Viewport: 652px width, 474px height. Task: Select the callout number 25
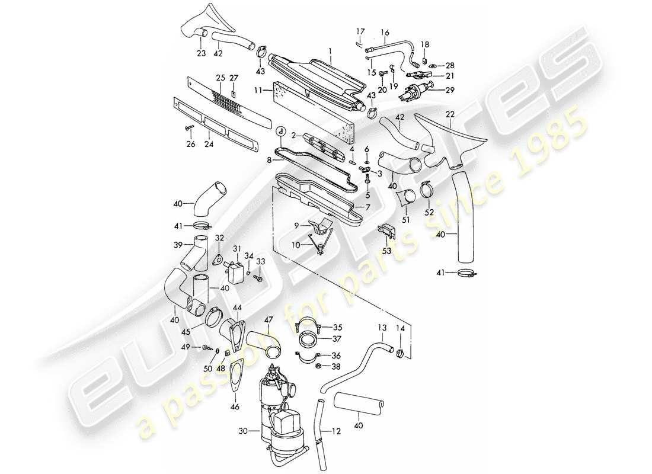coord(221,78)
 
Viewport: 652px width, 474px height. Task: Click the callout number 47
coord(269,320)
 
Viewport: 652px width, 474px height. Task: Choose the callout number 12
coord(337,432)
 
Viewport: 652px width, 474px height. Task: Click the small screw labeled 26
coord(190,127)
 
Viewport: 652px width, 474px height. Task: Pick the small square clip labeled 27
coord(234,92)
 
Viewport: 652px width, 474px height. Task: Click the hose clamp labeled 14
coord(401,355)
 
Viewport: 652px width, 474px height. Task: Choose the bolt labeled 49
coord(207,347)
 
